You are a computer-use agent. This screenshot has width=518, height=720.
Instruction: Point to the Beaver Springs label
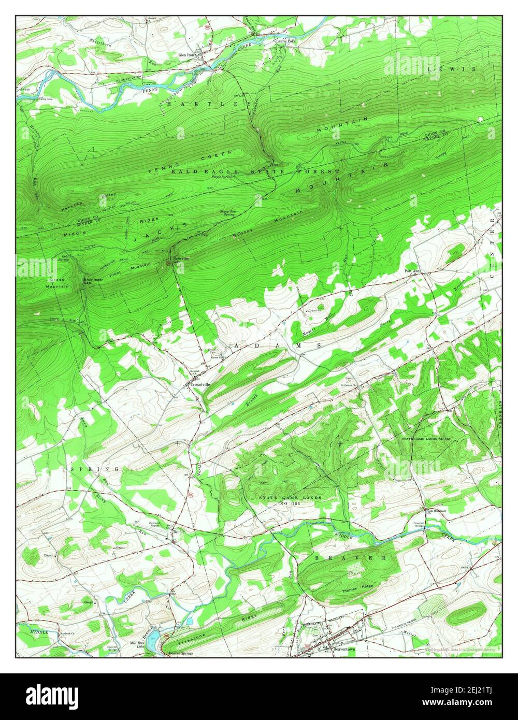pos(181,653)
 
